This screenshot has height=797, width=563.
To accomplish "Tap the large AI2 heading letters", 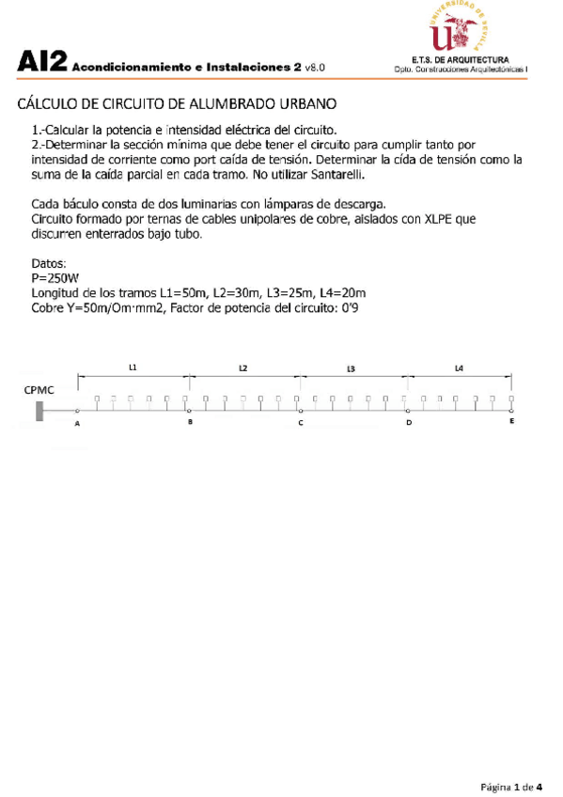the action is click(41, 64).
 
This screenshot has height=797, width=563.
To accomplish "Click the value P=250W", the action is click(55, 278).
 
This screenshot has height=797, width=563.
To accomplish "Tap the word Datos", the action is click(50, 264).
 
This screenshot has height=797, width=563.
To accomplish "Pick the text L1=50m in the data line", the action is click(184, 293).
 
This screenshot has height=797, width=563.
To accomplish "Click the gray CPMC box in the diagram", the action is click(40, 411).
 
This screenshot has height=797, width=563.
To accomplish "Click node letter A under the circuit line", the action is click(77, 425).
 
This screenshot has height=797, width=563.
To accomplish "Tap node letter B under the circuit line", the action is click(190, 424).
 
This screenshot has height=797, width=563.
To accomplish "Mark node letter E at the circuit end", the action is click(511, 423).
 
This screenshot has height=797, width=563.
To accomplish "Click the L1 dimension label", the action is click(133, 367).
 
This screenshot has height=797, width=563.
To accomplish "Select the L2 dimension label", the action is click(243, 367).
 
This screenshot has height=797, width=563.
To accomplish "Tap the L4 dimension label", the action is click(459, 367).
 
